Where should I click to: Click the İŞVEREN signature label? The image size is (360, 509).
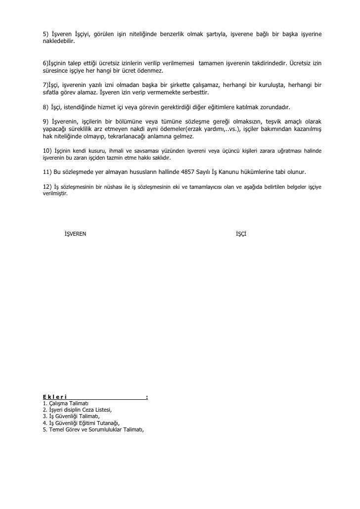[75, 233]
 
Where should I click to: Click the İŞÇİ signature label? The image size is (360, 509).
[241, 233]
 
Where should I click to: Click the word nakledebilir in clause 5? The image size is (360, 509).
[58, 43]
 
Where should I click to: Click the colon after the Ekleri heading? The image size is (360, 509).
[147, 397]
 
